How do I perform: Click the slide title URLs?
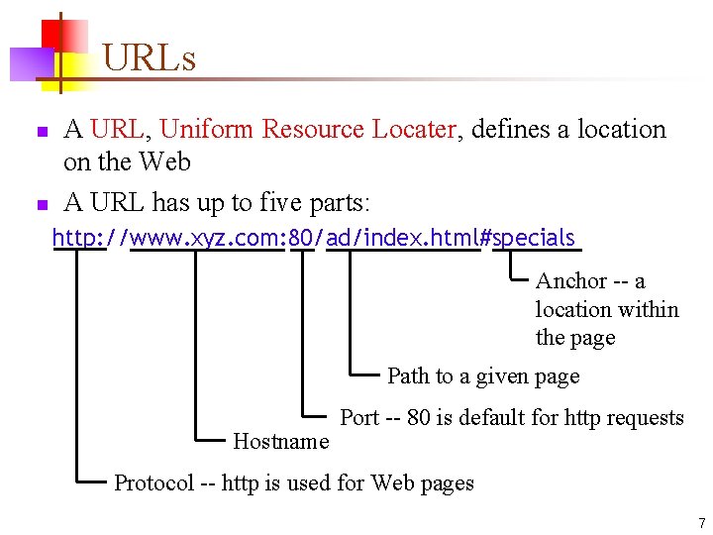coord(149,58)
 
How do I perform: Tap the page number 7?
coord(701,522)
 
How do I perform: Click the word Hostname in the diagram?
coord(280,441)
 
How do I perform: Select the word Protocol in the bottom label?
coord(153,483)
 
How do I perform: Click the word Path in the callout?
coord(407,376)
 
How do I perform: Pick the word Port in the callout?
coord(359,417)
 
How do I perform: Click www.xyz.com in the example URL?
coord(207,239)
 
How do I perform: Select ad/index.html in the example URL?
coord(402,239)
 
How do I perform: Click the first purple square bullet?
coord(41,132)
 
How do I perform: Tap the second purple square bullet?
coord(41,205)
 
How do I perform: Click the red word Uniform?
coord(206,130)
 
